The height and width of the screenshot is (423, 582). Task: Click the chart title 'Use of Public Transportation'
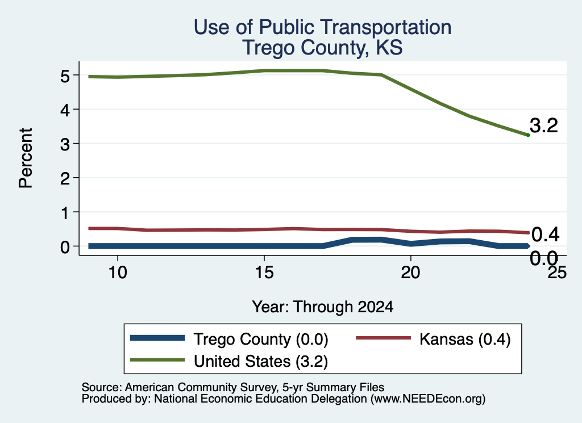(x=323, y=27)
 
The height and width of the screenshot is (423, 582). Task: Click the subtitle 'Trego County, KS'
(x=323, y=48)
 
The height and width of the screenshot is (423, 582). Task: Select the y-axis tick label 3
(x=65, y=144)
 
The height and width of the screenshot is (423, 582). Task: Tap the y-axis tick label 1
(x=66, y=213)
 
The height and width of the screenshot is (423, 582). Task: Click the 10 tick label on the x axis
(x=118, y=273)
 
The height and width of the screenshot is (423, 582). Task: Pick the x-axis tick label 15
(x=264, y=273)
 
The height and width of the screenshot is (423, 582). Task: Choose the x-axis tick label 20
(x=410, y=273)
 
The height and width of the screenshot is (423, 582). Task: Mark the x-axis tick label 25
(x=557, y=273)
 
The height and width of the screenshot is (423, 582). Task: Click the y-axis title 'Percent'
(x=26, y=158)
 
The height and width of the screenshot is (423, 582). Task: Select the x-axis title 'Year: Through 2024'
(x=323, y=307)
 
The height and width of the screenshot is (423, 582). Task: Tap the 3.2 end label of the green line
(x=544, y=125)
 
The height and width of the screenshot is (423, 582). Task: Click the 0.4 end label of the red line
(x=545, y=234)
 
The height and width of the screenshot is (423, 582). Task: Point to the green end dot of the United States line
(x=528, y=135)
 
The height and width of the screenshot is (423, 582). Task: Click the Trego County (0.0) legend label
(x=261, y=339)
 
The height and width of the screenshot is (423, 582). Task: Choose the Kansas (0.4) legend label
(x=465, y=339)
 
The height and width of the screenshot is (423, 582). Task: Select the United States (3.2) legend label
(x=261, y=361)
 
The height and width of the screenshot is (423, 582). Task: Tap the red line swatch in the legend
(x=384, y=338)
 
